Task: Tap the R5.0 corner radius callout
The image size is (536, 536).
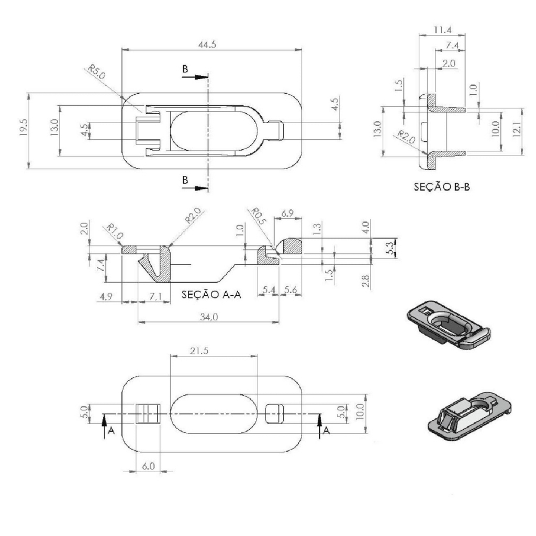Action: tap(97, 72)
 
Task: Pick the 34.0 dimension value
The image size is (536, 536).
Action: tap(208, 317)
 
